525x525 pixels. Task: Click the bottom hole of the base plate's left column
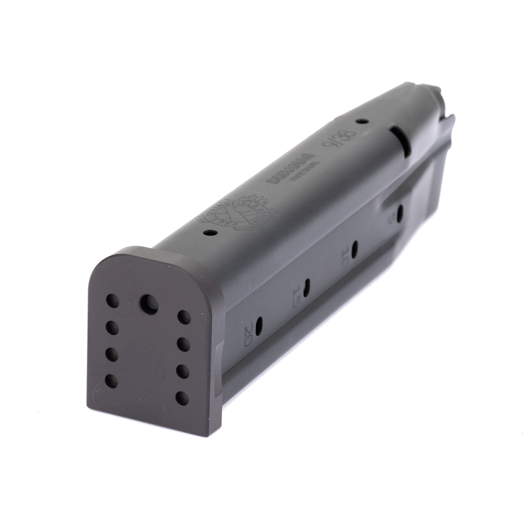click(113, 381)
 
